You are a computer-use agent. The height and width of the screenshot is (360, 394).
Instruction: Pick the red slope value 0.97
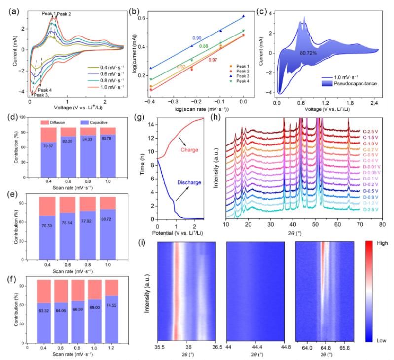213,60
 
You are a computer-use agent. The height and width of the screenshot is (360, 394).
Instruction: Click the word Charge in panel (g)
189,149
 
